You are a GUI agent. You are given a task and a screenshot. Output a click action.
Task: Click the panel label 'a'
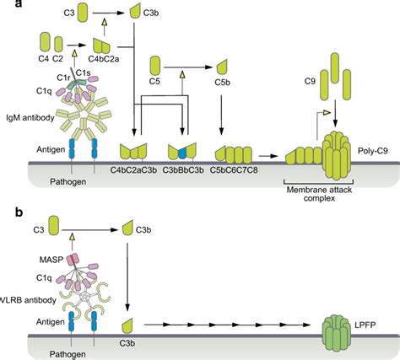[x=7, y=8]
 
